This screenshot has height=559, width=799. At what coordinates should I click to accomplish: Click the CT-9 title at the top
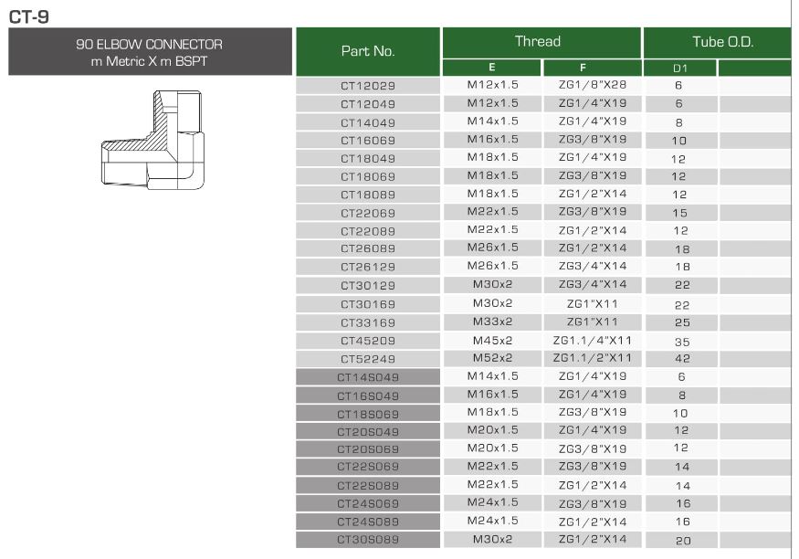(x=29, y=16)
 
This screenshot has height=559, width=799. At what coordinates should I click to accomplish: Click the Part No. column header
(x=368, y=51)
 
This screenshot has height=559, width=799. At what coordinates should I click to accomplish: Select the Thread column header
(x=538, y=41)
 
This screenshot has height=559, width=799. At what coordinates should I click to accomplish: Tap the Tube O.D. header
(x=722, y=42)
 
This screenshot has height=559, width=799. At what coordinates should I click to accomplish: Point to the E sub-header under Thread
(x=492, y=68)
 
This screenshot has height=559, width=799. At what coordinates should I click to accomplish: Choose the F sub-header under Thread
(x=583, y=68)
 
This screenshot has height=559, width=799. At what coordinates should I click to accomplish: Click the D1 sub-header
(x=680, y=69)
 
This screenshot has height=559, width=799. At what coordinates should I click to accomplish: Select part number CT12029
(x=368, y=86)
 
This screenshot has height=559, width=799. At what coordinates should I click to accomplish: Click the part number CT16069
(x=368, y=141)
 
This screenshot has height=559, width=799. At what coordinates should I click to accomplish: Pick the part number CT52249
(x=368, y=359)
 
